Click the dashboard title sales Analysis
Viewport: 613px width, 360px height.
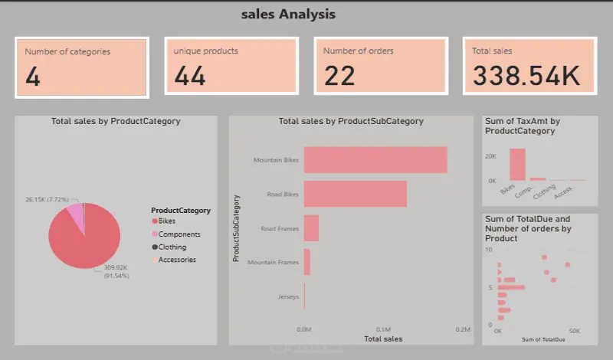[x=288, y=14]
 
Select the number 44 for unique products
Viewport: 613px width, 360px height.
[x=189, y=76]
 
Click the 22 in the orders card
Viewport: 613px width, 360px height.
[x=339, y=76]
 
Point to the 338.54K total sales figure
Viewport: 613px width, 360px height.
[x=526, y=76]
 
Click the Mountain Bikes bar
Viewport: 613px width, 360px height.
[x=375, y=160]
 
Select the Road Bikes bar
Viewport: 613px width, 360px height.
[x=355, y=195]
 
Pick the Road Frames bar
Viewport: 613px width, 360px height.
[x=311, y=228]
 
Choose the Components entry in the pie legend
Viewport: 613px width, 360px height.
[x=179, y=234]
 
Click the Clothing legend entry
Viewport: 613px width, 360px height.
[x=172, y=247]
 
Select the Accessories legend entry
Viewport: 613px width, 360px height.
[x=177, y=260]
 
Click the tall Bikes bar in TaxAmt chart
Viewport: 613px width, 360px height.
[x=518, y=163]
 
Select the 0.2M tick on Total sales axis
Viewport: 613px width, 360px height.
[x=462, y=329]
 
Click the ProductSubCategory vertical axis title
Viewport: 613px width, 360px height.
[x=237, y=228]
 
